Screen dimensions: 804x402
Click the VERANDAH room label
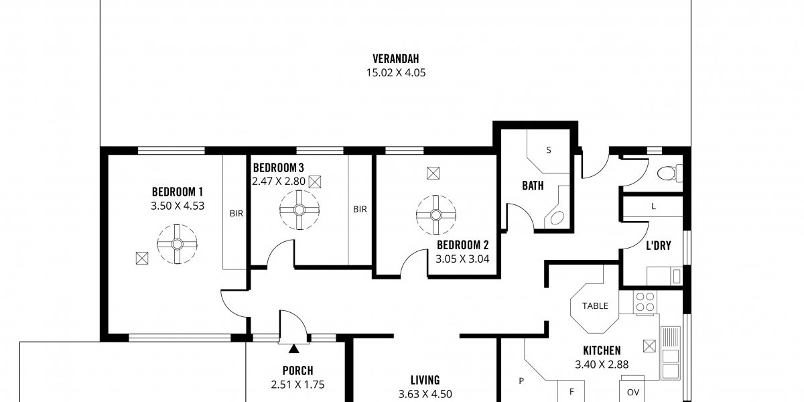point(395,58)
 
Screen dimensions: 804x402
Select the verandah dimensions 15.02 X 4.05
point(395,73)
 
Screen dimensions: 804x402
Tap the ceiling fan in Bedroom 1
point(177,244)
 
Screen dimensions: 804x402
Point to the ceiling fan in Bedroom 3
point(299,210)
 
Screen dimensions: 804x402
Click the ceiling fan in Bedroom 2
point(436,215)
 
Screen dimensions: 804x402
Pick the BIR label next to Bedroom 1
point(236,214)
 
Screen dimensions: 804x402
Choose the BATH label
point(533,186)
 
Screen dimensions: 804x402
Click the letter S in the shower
point(549,150)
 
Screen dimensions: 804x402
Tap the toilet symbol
point(670,174)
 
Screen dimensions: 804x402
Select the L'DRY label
point(658,245)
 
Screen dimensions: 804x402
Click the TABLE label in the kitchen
point(595,306)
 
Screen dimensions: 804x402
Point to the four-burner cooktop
point(645,302)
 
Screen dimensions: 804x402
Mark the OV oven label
point(632,393)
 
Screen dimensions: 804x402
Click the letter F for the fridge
point(572,392)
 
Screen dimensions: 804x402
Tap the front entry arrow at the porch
point(294,348)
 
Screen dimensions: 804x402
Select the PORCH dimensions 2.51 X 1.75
point(297,385)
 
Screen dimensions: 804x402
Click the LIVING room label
point(425,380)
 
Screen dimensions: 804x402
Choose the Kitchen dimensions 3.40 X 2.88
point(602,364)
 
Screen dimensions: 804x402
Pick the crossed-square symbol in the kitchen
point(649,346)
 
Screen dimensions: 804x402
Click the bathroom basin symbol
point(557,218)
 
